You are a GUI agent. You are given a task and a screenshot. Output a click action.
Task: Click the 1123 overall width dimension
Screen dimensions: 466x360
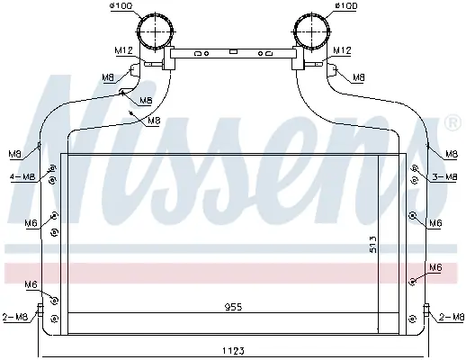(233, 350)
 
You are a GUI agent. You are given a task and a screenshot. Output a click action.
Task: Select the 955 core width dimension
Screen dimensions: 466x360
(233, 307)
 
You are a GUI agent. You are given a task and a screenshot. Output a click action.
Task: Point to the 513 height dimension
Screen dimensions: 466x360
(372, 244)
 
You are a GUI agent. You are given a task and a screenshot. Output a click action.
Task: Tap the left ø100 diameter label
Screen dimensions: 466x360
(121, 6)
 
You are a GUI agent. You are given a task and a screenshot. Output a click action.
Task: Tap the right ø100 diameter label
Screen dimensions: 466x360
(346, 6)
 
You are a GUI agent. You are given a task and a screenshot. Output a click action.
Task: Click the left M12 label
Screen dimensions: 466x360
(123, 50)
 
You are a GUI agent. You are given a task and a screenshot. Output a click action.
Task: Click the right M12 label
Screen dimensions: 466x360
(342, 50)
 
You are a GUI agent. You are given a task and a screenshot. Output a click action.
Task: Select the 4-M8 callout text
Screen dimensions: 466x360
(22, 177)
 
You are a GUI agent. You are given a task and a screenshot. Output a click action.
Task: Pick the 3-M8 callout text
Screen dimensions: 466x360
(444, 177)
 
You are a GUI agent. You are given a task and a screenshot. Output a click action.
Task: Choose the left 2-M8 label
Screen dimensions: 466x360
(15, 317)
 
